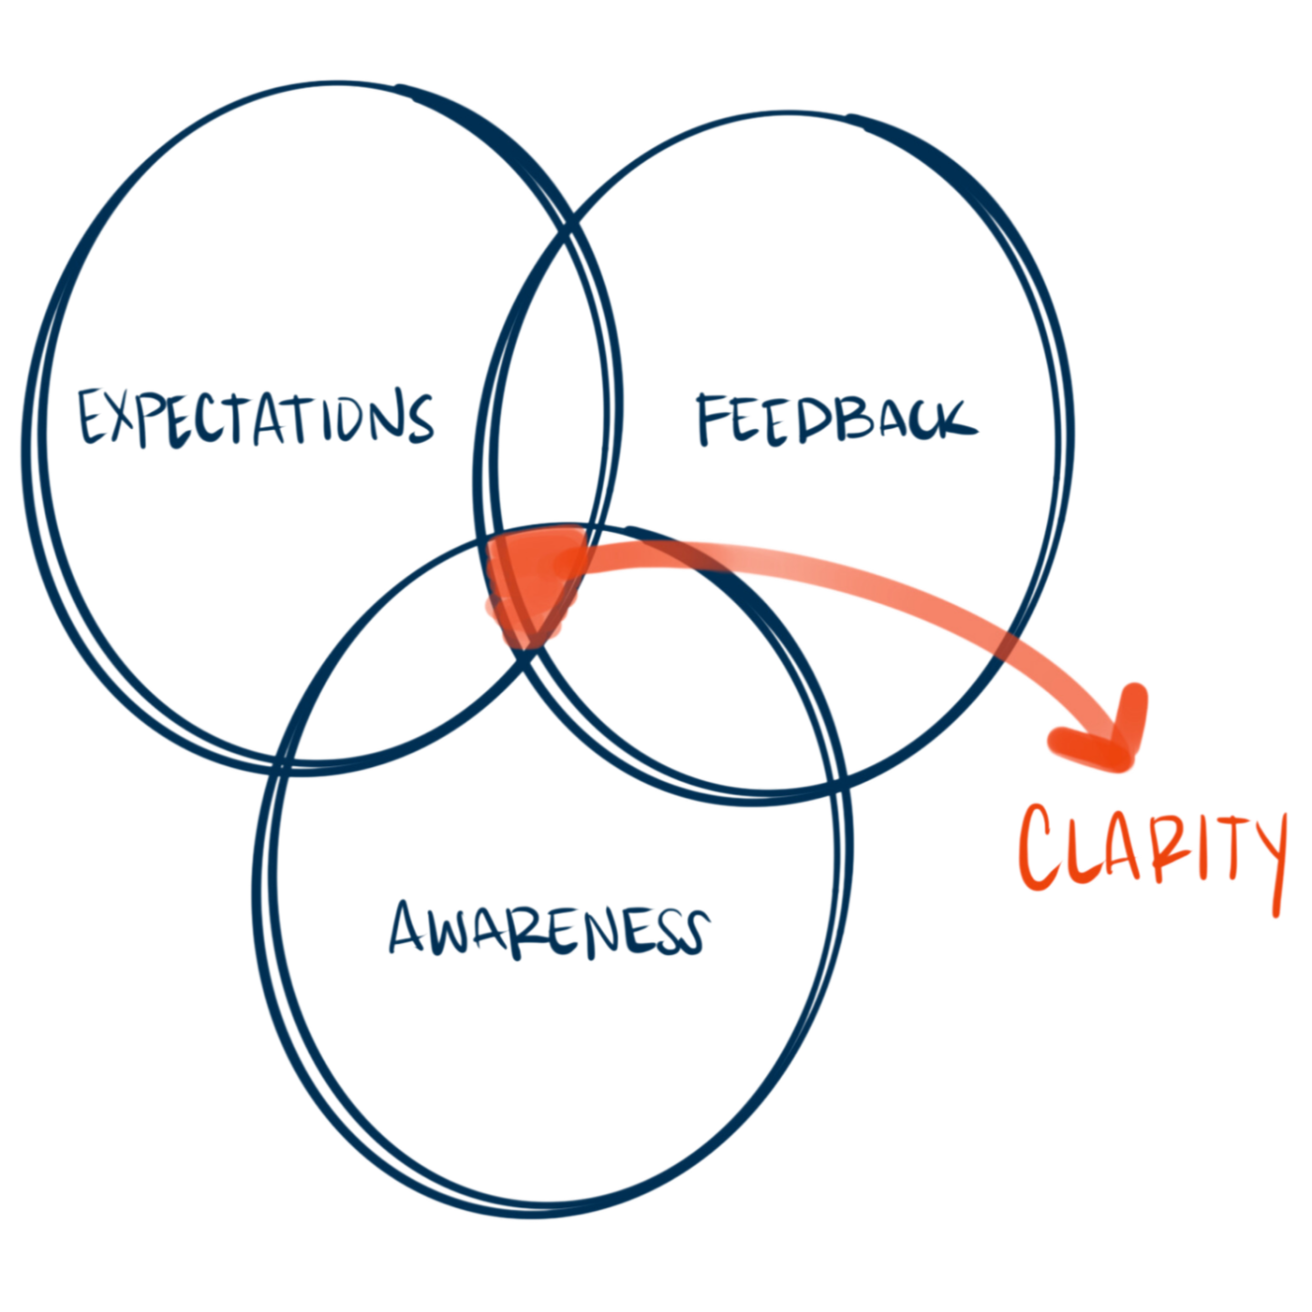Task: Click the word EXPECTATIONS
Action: [x=255, y=418]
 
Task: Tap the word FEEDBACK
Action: [x=835, y=420]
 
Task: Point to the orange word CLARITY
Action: [x=1152, y=851]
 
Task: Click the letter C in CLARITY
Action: [x=1040, y=846]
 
